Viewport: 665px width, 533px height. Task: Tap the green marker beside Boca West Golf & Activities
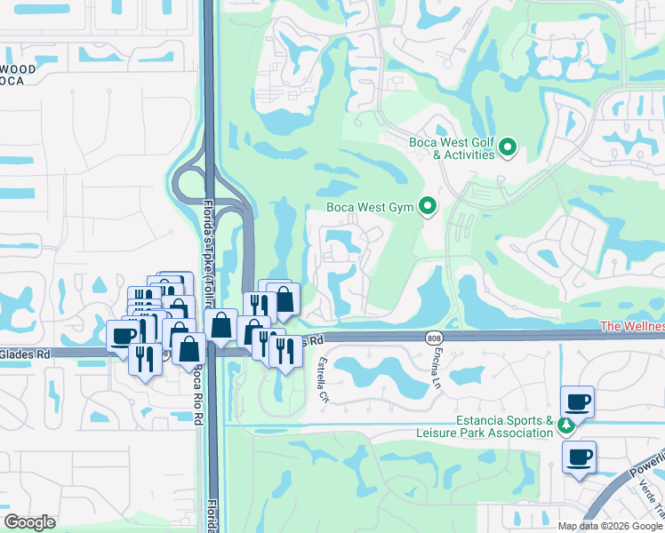coord(508,147)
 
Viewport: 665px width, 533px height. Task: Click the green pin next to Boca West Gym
coord(428,207)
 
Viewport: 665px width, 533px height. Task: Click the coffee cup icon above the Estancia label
coord(577,402)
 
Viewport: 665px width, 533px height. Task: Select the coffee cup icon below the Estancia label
coord(579,457)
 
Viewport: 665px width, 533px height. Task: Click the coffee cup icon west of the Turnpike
coord(124,335)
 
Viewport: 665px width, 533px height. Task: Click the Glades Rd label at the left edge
coord(25,353)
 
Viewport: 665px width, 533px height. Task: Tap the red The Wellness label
coord(632,327)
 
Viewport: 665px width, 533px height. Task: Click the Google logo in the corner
coord(29,522)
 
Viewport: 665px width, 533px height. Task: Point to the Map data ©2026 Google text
coord(609,526)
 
